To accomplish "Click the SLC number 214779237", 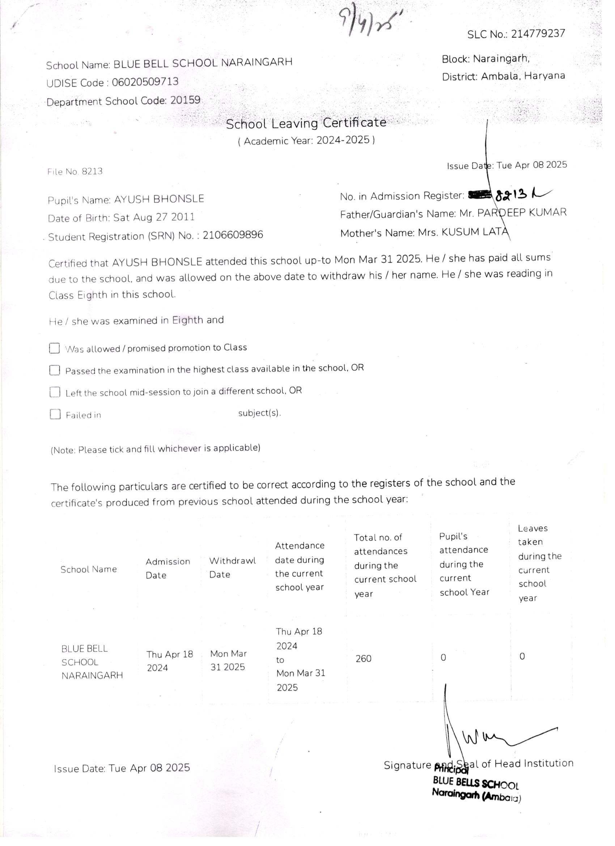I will tap(538, 34).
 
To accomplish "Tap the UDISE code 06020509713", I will tap(145, 82).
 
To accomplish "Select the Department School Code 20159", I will tap(185, 100).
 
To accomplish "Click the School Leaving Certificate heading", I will tap(306, 123).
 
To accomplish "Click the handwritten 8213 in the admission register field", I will tap(511, 194).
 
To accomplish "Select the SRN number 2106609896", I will tap(233, 235).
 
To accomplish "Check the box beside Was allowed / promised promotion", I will tap(55, 348).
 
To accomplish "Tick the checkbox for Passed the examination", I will tap(55, 370).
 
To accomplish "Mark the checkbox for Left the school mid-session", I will tap(55, 392).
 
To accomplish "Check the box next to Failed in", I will tap(55, 414).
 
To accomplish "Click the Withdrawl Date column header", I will tap(232, 567).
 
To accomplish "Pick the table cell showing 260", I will tap(363, 658).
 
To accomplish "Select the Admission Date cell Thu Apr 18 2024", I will tap(169, 661).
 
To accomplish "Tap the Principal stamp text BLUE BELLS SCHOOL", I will tap(475, 783).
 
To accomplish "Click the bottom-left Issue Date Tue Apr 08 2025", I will tap(122, 768).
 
